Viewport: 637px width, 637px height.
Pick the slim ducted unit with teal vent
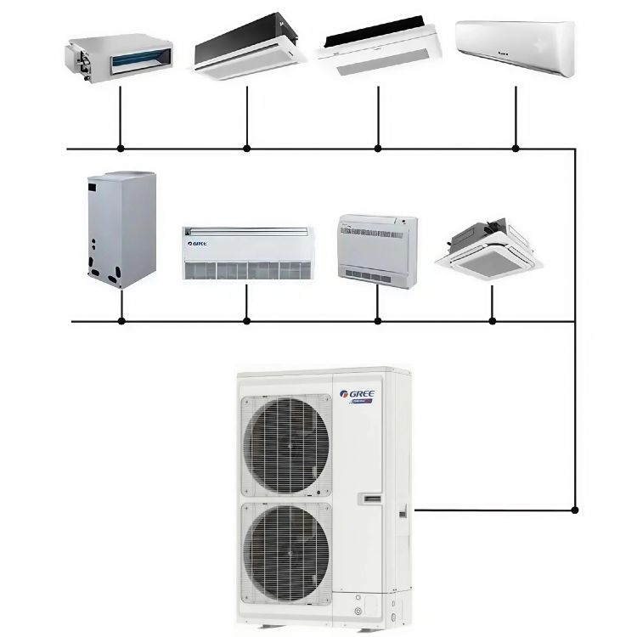point(120,55)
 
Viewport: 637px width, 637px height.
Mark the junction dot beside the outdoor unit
point(576,510)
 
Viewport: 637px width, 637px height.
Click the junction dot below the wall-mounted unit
point(516,149)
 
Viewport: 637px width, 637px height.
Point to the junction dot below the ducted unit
point(121,149)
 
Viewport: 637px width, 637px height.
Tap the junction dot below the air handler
point(121,321)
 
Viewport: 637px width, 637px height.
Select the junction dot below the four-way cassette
point(493,321)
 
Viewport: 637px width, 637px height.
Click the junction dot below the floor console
point(378,321)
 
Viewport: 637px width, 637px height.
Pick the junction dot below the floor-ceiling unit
point(246,321)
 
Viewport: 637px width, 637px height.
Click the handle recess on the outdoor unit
point(372,497)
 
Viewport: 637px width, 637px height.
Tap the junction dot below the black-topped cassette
point(247,149)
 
